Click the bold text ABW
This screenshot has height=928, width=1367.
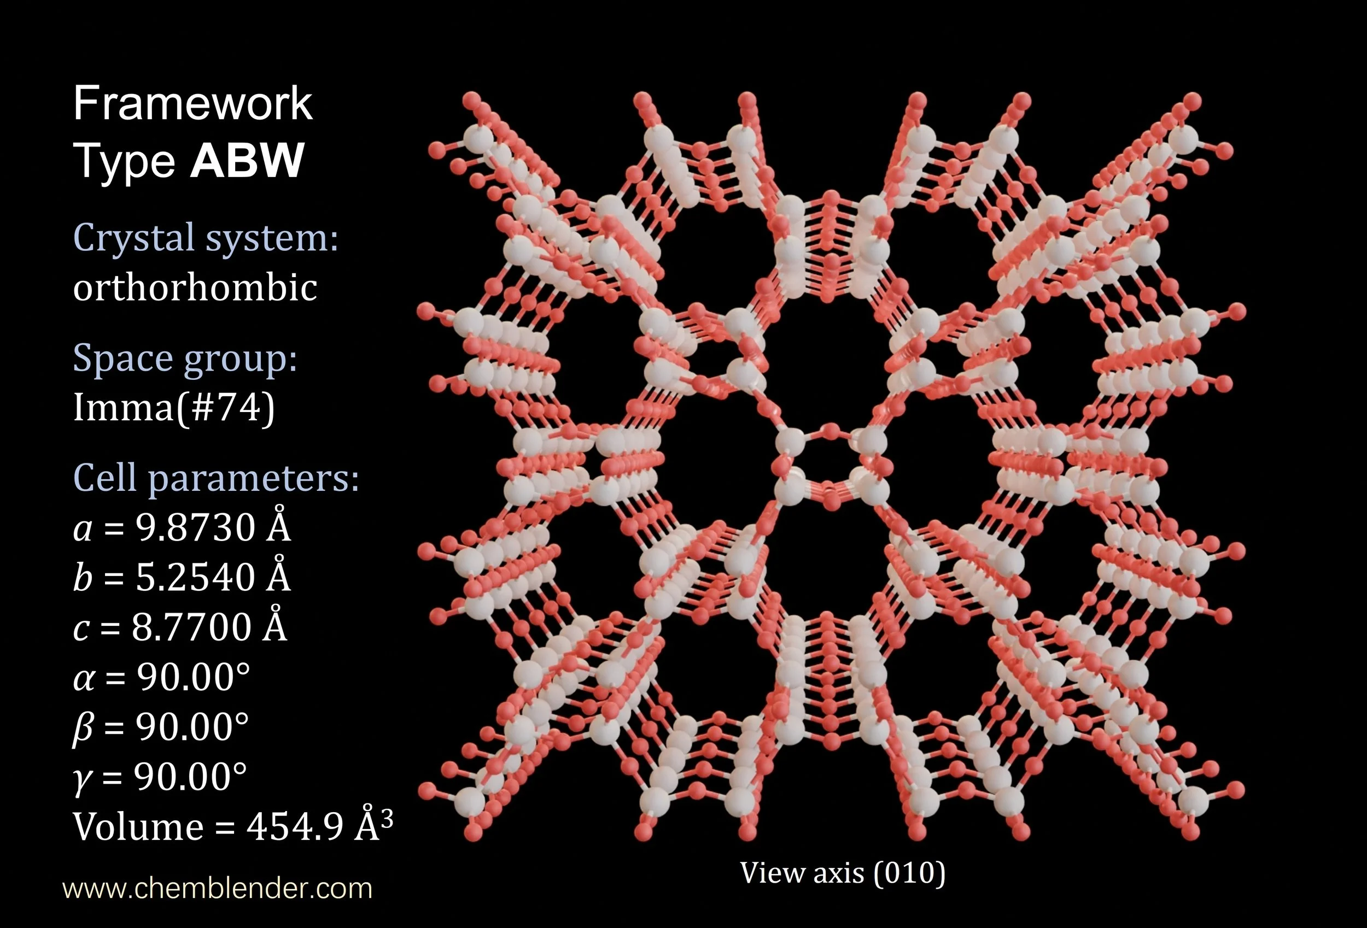tap(247, 160)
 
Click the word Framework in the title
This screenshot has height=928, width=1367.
tap(192, 103)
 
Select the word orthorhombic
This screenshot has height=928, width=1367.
tap(195, 287)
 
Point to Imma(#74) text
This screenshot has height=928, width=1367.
tap(173, 407)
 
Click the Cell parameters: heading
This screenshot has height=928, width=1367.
tap(215, 478)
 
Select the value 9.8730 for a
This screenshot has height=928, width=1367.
tap(195, 527)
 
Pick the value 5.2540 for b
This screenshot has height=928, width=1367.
tap(195, 577)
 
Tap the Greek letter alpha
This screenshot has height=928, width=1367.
tap(84, 678)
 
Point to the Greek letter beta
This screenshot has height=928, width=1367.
tap(83, 728)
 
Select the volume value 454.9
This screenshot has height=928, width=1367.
tap(294, 827)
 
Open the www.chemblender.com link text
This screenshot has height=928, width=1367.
tap(217, 889)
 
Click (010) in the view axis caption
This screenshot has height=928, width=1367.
tap(909, 873)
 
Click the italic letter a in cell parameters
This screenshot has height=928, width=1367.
tap(83, 528)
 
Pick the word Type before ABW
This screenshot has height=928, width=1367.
tap(124, 161)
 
